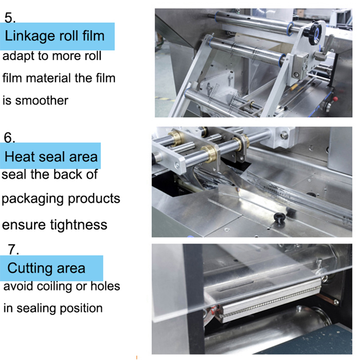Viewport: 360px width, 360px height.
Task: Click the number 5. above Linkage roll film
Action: [10, 18]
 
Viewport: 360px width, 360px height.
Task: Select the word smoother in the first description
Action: [41, 100]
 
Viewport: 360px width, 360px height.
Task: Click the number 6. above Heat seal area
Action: [9, 138]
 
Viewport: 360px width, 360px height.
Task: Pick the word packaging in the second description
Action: [32, 199]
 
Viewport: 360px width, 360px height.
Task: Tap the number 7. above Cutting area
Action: [13, 249]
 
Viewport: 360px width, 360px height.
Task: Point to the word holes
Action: [105, 286]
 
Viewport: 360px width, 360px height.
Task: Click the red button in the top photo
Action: [335, 99]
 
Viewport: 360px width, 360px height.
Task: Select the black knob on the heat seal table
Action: [279, 216]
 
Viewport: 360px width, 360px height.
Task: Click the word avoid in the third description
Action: [18, 286]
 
